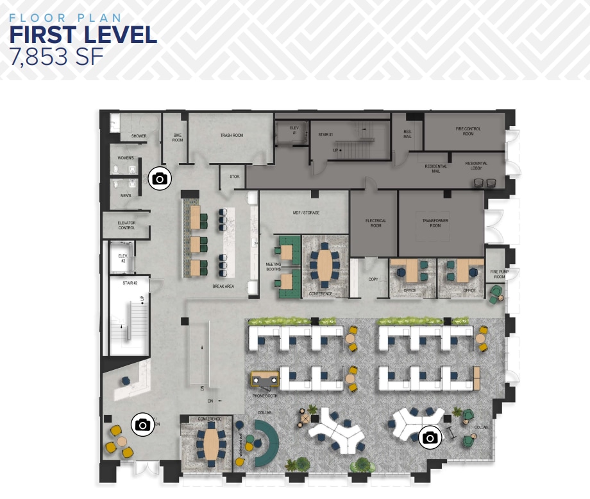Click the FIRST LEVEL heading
tap(83, 35)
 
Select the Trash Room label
tap(232, 136)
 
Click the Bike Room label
tap(178, 137)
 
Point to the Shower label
tap(139, 136)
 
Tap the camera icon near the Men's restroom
tap(160, 179)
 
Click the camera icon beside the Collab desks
tap(430, 438)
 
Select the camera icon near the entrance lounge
tap(143, 425)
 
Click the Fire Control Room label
tap(468, 131)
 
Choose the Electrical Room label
tap(376, 223)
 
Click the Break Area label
tap(223, 286)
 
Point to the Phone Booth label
tap(264, 396)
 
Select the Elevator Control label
tap(127, 225)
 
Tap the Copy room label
tap(373, 280)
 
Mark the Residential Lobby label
tap(476, 166)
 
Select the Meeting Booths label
tap(274, 267)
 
